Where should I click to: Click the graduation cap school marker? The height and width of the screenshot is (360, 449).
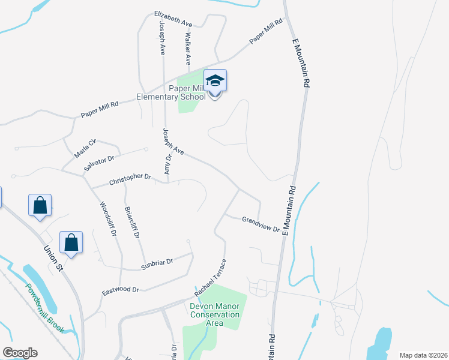click(215, 81)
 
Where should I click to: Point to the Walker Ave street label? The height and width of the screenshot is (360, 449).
click(187, 49)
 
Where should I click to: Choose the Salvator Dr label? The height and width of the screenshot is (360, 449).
click(100, 161)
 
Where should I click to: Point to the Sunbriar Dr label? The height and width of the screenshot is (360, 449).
click(157, 262)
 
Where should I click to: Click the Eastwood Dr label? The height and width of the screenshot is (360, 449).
click(121, 290)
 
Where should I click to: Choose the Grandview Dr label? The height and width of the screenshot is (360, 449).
click(261, 224)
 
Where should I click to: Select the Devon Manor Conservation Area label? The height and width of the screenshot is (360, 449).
click(214, 314)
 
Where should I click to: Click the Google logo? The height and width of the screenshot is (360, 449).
click(20, 353)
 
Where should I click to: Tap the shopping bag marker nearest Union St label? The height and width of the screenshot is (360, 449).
click(71, 243)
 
